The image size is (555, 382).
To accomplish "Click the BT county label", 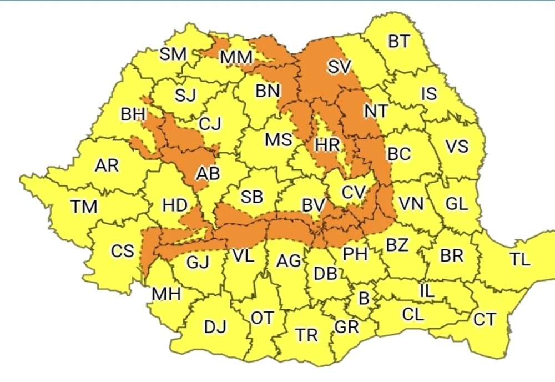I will pos(399,42).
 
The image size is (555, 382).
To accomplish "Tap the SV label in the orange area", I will pos(339,67).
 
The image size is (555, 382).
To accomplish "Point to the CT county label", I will pos(484,319).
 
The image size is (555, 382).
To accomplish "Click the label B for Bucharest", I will pos(364,299).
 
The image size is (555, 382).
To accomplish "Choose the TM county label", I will pos(84,207).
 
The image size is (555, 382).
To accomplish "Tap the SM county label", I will pos(173,54).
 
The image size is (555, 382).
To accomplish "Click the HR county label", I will pos(327,145).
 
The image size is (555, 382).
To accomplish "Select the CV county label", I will pos(353,192).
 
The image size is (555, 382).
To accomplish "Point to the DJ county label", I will pos(215,327).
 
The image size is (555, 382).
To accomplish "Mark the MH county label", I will pos(166,294).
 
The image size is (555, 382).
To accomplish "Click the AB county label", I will pos(208,174).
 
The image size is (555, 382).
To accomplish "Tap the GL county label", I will pos(456,203).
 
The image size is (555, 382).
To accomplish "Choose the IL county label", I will pos(426,290).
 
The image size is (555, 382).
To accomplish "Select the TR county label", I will pos(306,335).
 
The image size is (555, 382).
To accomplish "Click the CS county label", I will pos(122,251).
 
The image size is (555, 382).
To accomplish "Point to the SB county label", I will pos(251,197).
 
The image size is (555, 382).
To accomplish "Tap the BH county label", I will pos(133,115).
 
